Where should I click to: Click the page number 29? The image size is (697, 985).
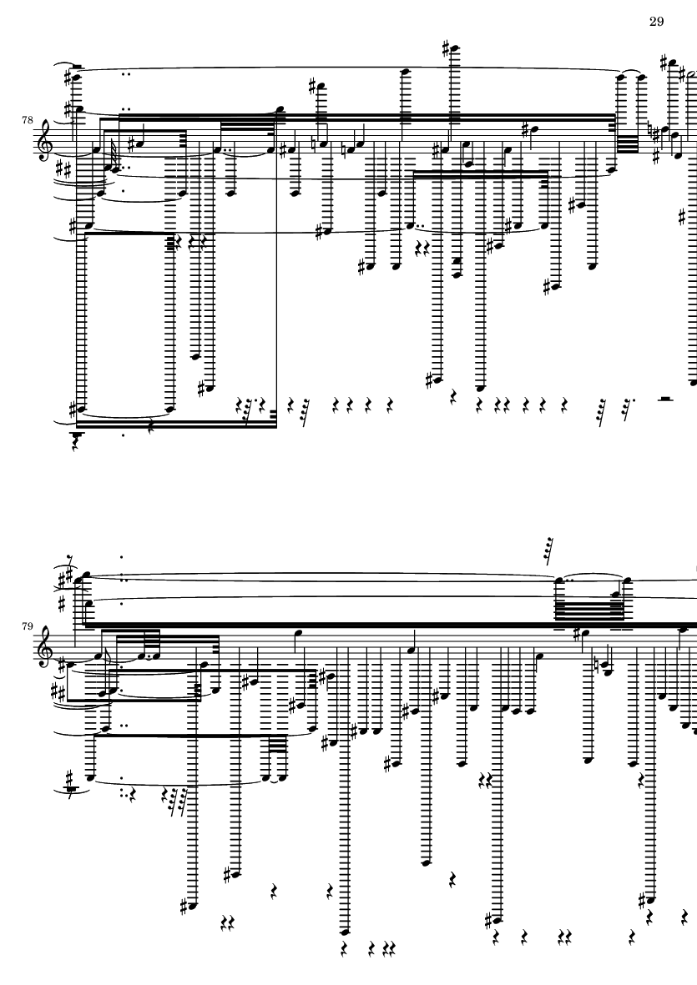point(656,22)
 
